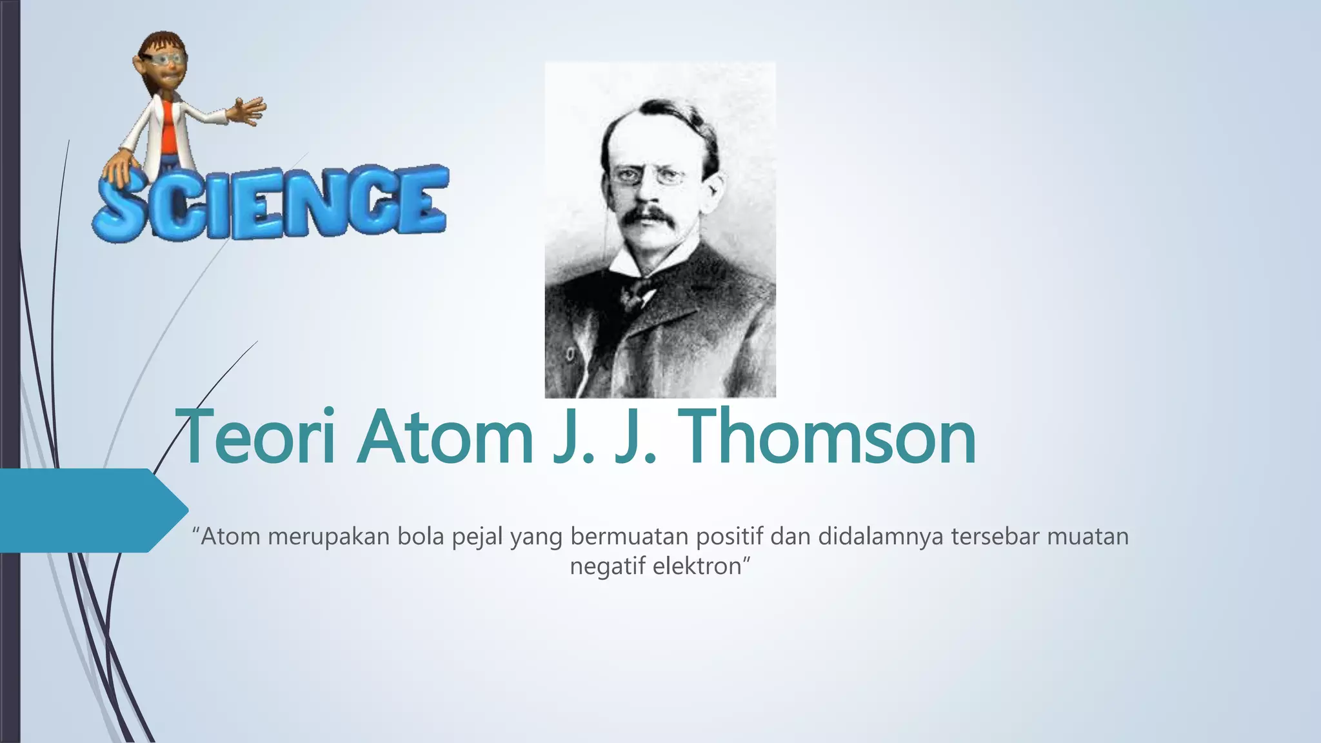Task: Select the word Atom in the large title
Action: pos(446,437)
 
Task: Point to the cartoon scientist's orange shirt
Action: pos(170,123)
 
